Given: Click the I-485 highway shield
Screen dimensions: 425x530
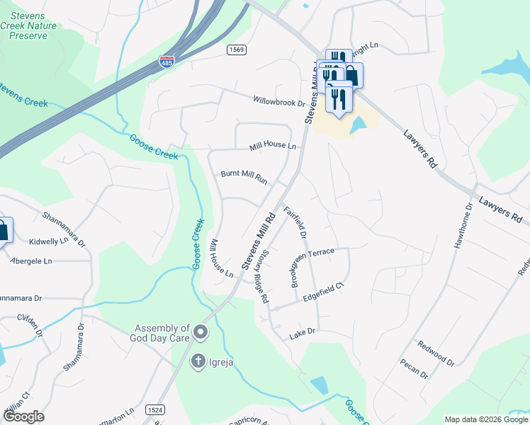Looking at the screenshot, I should (x=167, y=62).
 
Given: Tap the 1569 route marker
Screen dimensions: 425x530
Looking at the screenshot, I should (x=236, y=49).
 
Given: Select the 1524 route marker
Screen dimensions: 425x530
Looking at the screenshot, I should (x=155, y=410).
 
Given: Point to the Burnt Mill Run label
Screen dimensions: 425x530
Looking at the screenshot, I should (x=244, y=177).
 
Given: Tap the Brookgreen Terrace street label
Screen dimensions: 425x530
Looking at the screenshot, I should (x=322, y=254).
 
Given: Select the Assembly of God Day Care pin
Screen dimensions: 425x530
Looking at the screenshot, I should (x=201, y=331).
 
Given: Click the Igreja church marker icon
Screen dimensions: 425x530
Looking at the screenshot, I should (x=198, y=361).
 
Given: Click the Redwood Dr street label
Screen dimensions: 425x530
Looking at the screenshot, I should (x=436, y=353).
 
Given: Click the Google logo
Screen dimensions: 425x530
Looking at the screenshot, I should (x=23, y=416).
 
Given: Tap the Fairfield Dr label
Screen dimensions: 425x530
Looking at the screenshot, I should (x=295, y=221).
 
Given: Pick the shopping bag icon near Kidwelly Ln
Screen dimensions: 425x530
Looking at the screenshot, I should (x=2, y=231).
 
